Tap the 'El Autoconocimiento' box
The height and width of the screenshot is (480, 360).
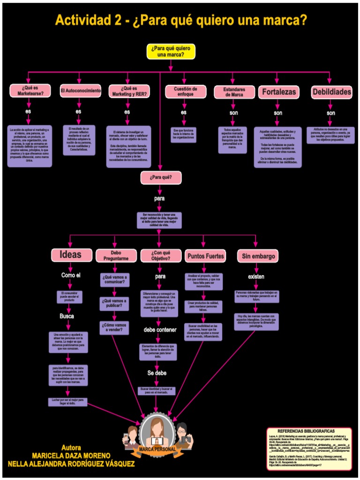pos(81,90)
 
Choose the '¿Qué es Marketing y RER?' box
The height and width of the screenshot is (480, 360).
pos(128,91)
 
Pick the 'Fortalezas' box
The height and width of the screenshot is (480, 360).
pos(278,92)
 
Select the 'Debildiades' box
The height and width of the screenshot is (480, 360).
pos(331,92)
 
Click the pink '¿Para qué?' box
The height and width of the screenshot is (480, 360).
pos(161,178)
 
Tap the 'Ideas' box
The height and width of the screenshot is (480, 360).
pos(70,255)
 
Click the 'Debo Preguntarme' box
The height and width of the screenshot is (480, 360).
pos(116,255)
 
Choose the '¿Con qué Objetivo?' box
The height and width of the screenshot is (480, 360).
pos(160,255)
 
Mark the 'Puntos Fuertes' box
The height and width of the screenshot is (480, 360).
pos(206,256)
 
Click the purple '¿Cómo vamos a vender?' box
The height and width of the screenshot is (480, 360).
pos(114,328)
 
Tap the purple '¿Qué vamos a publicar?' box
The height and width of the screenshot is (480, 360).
pos(114,303)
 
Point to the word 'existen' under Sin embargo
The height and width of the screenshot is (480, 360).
pos(256,277)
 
